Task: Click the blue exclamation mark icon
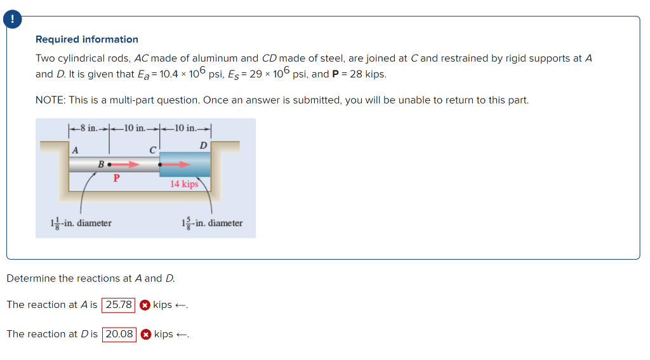[x=11, y=20]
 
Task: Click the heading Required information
[x=87, y=39]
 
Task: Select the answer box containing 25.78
[x=119, y=305]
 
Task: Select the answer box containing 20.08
[x=119, y=334]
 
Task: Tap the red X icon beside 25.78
[x=145, y=305]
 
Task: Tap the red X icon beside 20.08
[x=145, y=334]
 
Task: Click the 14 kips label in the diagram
[x=184, y=184]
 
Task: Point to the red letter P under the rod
[x=116, y=178]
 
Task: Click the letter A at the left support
[x=75, y=150]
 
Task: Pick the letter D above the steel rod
[x=203, y=146]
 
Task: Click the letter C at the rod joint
[x=152, y=150]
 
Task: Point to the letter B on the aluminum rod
[x=101, y=165]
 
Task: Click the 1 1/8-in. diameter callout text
[x=81, y=223]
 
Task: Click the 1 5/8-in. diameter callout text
[x=211, y=223]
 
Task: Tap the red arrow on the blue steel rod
[x=176, y=164]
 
